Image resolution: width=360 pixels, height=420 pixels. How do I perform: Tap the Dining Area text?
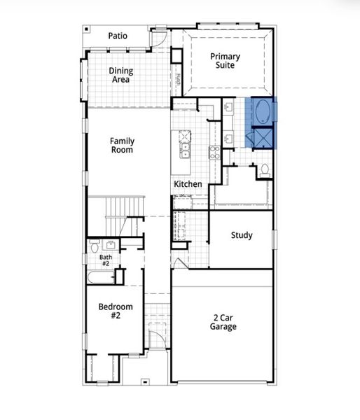click(122, 75)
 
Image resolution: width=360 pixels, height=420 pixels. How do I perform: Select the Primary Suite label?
click(225, 61)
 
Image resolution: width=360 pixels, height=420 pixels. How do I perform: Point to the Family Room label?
click(122, 145)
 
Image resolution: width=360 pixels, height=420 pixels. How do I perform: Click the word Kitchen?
click(188, 184)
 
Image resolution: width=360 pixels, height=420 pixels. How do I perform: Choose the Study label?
click(242, 235)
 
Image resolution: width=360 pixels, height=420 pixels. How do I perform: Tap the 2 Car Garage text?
click(225, 322)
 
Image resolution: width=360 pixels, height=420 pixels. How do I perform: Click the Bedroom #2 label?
click(110, 311)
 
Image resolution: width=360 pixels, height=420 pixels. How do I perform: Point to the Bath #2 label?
click(105, 260)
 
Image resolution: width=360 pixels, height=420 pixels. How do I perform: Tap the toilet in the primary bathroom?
click(264, 169)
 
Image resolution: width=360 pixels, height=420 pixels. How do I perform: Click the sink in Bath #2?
click(111, 244)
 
